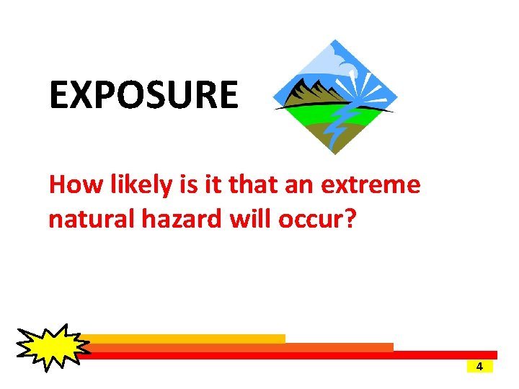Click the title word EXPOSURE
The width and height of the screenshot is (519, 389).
coord(143,95)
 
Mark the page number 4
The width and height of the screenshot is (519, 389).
coord(479,366)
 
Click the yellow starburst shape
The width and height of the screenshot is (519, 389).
coord(50,347)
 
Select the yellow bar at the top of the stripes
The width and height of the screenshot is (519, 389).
coord(187,339)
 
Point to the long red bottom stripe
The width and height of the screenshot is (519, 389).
coord(288,354)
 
